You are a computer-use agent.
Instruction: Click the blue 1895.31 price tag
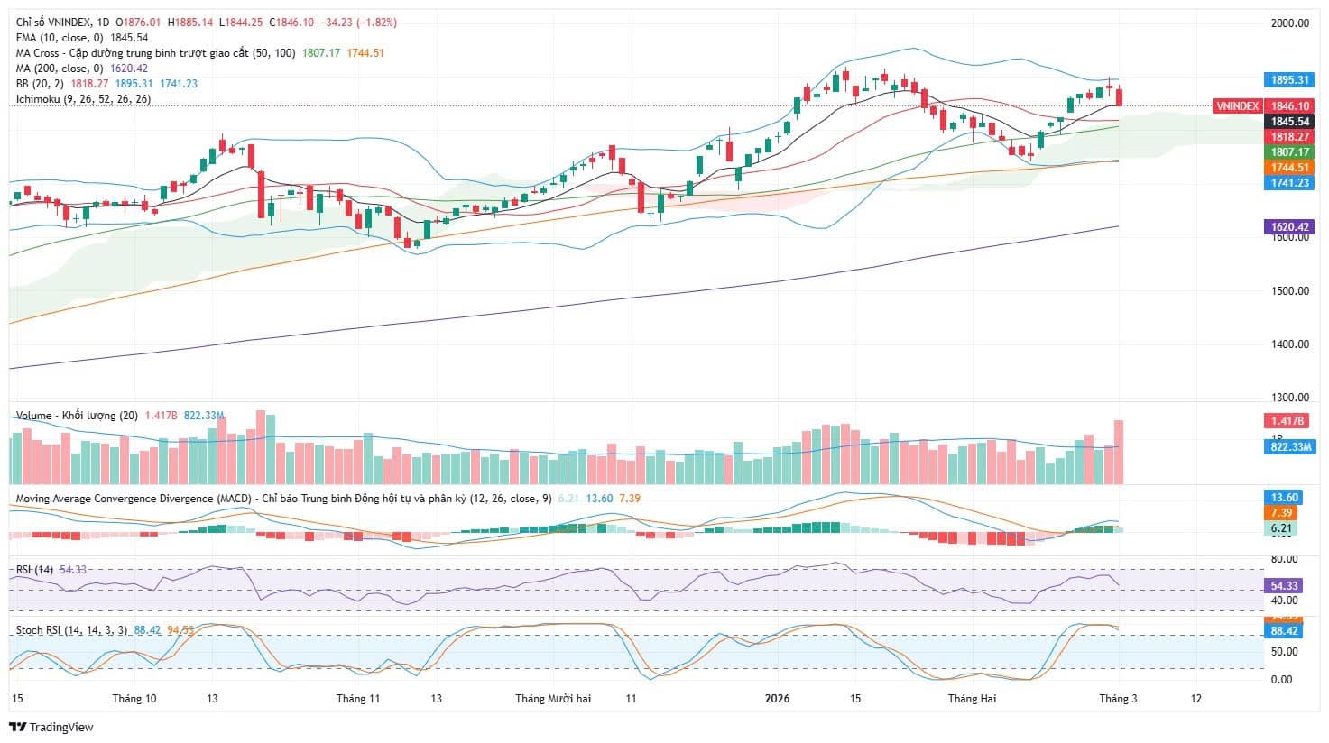pos(1289,80)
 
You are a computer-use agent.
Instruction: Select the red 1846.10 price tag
pos(1289,106)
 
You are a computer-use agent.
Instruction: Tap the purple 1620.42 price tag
pos(1289,227)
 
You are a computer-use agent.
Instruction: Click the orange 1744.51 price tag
pos(1289,168)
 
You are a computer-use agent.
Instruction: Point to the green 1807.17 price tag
pos(1289,152)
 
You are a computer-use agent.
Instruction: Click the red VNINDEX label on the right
pos(1237,106)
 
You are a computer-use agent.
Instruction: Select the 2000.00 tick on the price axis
pos(1289,23)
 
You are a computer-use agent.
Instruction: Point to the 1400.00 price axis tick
pos(1289,344)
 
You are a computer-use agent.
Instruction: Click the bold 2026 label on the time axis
pos(777,699)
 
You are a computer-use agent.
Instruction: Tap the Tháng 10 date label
pos(134,699)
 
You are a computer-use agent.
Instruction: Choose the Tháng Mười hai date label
pos(553,699)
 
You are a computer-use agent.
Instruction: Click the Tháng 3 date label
pos(1117,699)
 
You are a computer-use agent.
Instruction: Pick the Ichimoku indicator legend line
pos(83,99)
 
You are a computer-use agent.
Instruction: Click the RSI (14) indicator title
pos(35,569)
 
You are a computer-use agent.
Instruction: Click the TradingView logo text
pos(51,728)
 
